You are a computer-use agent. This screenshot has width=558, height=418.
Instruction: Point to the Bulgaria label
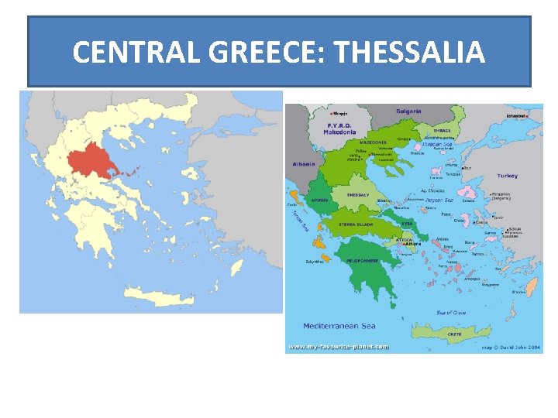coord(408,111)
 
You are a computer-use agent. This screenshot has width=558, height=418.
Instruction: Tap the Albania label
coord(305,164)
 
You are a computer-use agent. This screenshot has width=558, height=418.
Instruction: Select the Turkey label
coord(508,176)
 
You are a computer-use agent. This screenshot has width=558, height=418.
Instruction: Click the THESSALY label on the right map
coord(358,195)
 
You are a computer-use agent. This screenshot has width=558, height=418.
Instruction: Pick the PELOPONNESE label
coord(362,261)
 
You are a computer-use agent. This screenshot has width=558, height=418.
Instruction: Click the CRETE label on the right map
coord(455,334)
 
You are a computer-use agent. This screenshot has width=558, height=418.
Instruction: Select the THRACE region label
coord(443,131)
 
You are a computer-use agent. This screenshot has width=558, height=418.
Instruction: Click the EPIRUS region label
coord(320,199)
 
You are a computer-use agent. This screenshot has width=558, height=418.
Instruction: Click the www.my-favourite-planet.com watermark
coord(338,347)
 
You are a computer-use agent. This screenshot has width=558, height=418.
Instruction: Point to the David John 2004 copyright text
coord(512,347)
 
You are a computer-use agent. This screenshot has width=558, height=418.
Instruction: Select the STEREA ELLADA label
coord(356,224)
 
